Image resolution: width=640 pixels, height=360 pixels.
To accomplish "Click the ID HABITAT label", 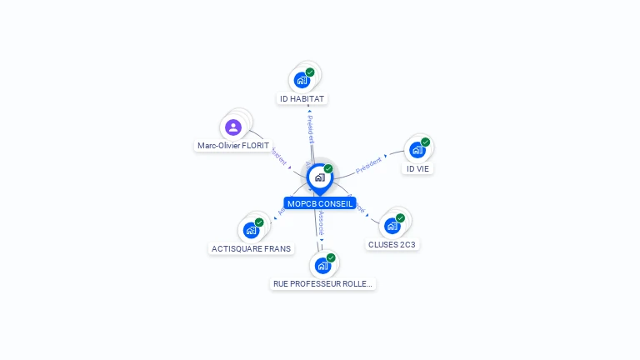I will pyautogui.click(x=302, y=98).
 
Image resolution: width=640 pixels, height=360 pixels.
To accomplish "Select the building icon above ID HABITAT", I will pyautogui.click(x=302, y=81).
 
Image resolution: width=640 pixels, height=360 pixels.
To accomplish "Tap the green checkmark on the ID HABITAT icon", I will pyautogui.click(x=310, y=72).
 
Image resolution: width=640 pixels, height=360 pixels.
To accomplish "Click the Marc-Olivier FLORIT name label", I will pyautogui.click(x=233, y=145).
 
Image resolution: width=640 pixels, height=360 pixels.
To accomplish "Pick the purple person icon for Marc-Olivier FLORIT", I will pyautogui.click(x=233, y=127).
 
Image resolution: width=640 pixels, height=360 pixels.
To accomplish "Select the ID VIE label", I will pyautogui.click(x=418, y=168).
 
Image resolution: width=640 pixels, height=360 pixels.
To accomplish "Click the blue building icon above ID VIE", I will pyautogui.click(x=417, y=150).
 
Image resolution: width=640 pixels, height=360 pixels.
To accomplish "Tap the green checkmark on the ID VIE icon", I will pyautogui.click(x=425, y=142).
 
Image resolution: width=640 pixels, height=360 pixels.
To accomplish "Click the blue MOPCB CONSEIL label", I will pyautogui.click(x=320, y=203).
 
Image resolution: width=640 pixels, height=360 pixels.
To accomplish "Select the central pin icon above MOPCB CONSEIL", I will pyautogui.click(x=319, y=177).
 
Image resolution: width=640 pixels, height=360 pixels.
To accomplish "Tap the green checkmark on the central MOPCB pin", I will pyautogui.click(x=328, y=169).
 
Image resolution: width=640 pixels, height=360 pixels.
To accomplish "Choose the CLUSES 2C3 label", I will pyautogui.click(x=392, y=244).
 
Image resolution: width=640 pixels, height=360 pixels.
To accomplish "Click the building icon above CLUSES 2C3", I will pyautogui.click(x=392, y=226).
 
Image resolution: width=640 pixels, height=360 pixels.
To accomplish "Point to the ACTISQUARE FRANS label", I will pyautogui.click(x=251, y=248).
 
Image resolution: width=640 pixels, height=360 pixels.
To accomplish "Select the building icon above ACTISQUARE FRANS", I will pyautogui.click(x=251, y=230).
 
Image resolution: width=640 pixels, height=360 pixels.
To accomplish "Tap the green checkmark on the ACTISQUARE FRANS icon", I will pyautogui.click(x=259, y=222).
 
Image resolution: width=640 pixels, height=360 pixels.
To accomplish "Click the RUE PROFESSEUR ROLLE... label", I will pyautogui.click(x=323, y=283).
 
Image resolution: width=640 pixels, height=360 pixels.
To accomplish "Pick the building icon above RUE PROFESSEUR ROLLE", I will pyautogui.click(x=322, y=266).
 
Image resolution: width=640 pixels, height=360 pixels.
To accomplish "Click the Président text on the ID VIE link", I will pyautogui.click(x=368, y=165).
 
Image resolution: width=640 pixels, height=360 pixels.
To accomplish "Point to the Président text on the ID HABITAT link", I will pyautogui.click(x=310, y=128).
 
